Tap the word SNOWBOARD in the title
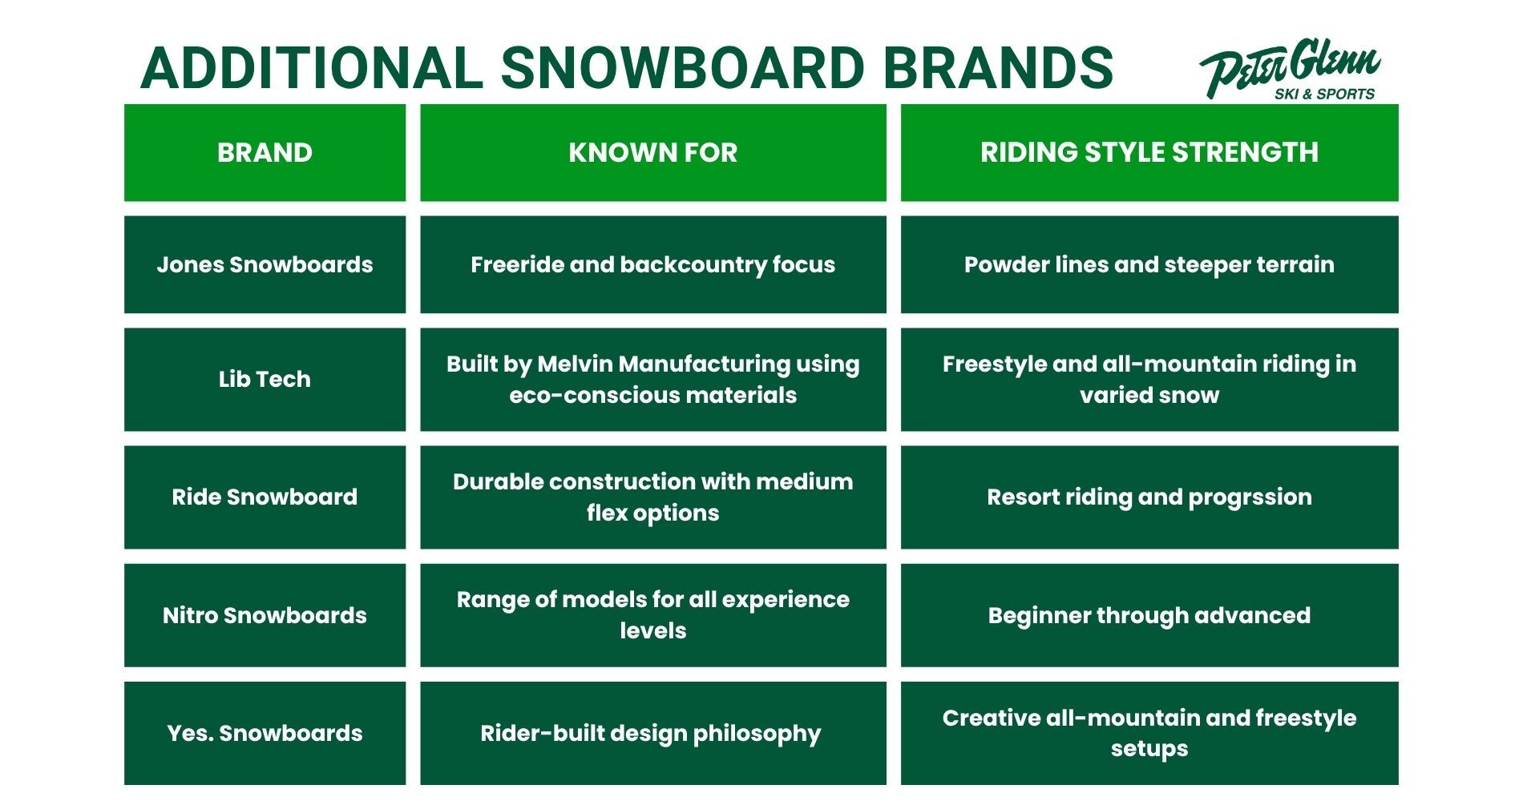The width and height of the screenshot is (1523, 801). pos(682,67)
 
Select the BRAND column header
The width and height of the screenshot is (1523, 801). pos(265,152)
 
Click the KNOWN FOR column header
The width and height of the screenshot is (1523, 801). pos(652,152)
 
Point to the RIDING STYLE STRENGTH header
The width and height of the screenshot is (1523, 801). pos(1149,152)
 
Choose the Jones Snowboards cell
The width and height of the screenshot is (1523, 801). pos(265,264)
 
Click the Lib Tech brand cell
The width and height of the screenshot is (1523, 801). pos(265,379)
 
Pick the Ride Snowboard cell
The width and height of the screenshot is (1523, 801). pos(265,497)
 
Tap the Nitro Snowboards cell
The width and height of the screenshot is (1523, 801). pos(265,615)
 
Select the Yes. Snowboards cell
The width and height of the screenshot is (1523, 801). pos(265,733)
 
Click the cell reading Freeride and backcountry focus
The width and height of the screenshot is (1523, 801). pos(652,264)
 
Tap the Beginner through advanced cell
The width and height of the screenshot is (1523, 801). pos(1149,615)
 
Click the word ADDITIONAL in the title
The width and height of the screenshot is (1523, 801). pos(312,67)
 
